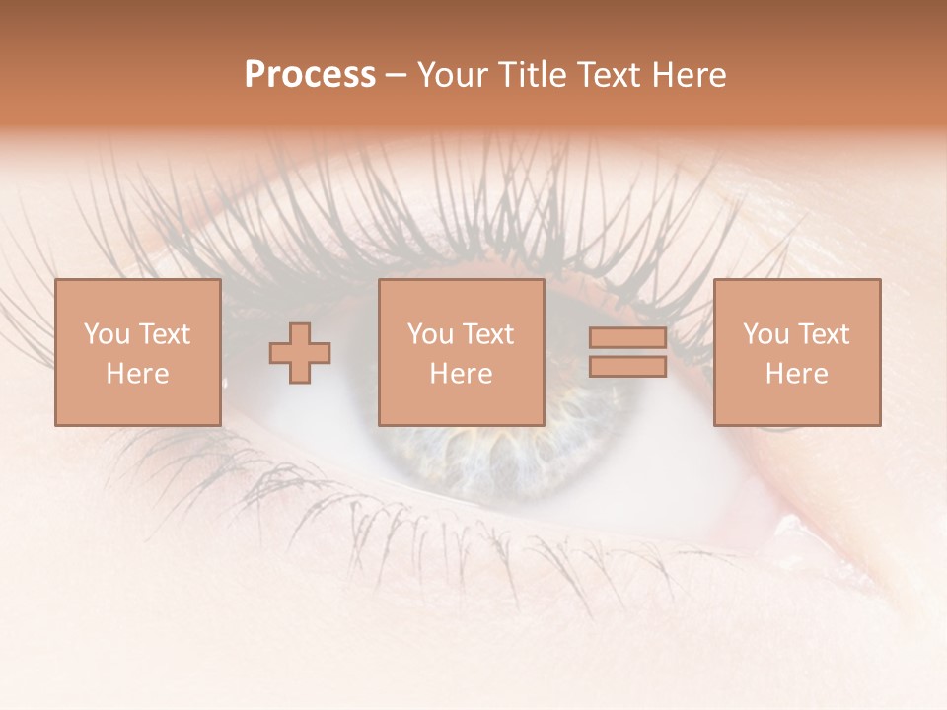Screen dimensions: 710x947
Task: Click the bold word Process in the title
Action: (x=310, y=75)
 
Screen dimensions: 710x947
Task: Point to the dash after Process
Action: (x=396, y=76)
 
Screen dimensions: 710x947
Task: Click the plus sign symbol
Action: (x=300, y=353)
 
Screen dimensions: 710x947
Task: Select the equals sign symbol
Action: (x=627, y=352)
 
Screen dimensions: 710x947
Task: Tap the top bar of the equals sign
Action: (x=627, y=338)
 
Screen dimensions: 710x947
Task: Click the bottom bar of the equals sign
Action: (x=627, y=366)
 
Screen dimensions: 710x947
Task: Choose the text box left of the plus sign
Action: (x=137, y=353)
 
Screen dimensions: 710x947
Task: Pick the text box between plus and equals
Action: (x=461, y=353)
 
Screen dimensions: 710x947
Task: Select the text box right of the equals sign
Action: (x=796, y=353)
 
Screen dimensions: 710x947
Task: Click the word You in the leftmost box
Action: (x=107, y=334)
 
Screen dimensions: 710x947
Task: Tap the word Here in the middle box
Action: (x=461, y=374)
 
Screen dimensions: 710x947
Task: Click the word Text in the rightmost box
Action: (x=822, y=334)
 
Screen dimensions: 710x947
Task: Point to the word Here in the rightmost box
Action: (x=796, y=374)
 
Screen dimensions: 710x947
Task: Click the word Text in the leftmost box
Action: (x=163, y=334)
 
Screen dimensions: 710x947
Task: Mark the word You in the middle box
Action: (x=430, y=334)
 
